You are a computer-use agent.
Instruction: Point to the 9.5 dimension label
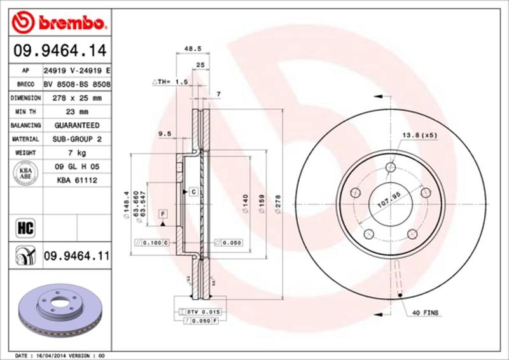(x=165, y=133)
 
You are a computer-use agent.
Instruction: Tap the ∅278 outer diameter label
(x=277, y=204)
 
